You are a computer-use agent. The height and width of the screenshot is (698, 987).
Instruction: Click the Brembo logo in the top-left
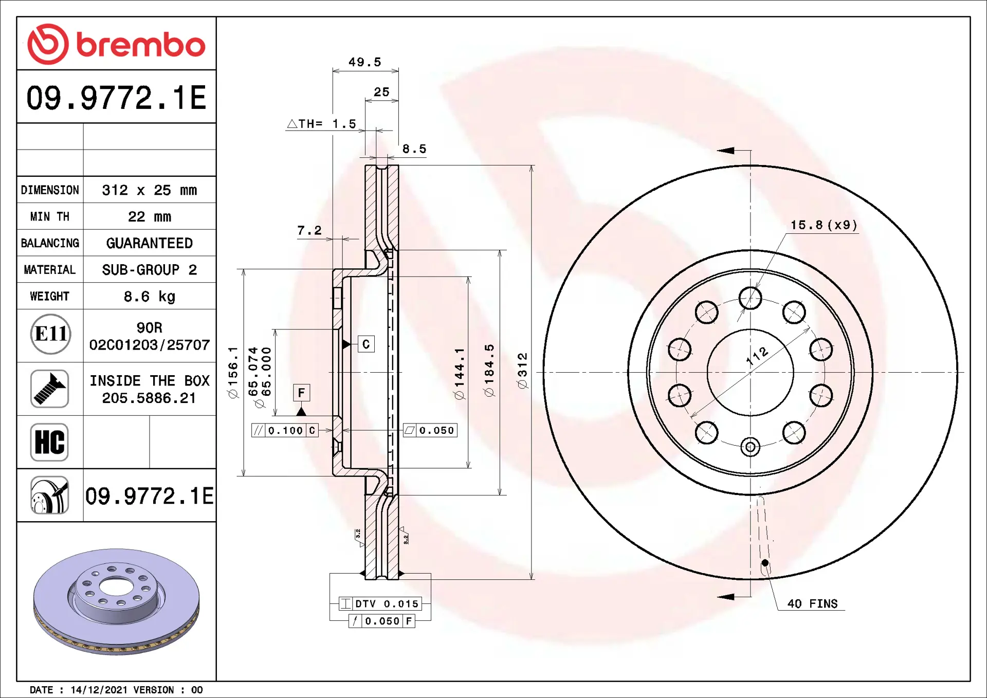pyautogui.click(x=116, y=44)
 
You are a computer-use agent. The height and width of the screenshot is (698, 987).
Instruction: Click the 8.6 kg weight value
pyautogui.click(x=150, y=297)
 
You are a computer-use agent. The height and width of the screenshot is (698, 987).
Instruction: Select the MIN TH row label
pyautogui.click(x=50, y=217)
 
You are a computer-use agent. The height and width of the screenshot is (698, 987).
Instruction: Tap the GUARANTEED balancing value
pyautogui.click(x=150, y=243)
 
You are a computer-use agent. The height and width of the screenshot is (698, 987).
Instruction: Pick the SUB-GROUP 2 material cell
pyautogui.click(x=150, y=270)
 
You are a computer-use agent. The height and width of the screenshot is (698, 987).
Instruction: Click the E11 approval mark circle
pyautogui.click(x=50, y=334)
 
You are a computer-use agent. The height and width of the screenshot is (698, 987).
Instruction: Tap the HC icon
pyautogui.click(x=49, y=442)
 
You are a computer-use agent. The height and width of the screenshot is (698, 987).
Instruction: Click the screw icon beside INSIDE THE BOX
pyautogui.click(x=49, y=389)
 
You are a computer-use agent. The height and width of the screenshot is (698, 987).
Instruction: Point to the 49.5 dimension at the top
pyautogui.click(x=365, y=62)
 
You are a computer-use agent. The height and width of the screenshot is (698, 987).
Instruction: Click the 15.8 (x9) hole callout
pyautogui.click(x=824, y=225)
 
